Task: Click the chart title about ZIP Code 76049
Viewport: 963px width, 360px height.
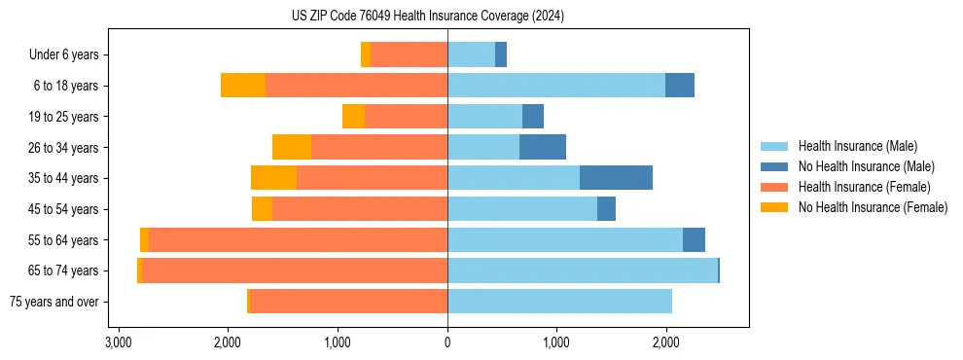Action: (x=428, y=17)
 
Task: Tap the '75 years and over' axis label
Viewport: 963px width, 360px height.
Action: (x=53, y=302)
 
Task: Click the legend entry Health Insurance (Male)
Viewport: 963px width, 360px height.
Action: (x=857, y=146)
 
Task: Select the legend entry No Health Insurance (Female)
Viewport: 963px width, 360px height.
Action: (x=873, y=207)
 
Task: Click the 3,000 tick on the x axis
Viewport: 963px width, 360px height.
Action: (x=118, y=342)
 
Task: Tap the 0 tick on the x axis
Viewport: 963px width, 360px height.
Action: (x=447, y=342)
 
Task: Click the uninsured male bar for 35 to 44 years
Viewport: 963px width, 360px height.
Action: (x=616, y=178)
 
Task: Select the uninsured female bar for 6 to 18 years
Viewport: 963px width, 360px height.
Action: (x=243, y=86)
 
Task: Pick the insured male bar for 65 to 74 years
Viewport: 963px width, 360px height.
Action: (x=582, y=270)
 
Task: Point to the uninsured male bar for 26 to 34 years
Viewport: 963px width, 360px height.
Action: (x=543, y=147)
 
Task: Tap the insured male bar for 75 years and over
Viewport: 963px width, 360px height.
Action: (x=559, y=302)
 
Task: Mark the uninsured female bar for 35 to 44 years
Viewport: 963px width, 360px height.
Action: (x=273, y=178)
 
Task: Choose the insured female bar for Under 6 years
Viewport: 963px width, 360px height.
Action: (x=409, y=54)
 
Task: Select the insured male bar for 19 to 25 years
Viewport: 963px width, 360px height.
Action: (x=484, y=117)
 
